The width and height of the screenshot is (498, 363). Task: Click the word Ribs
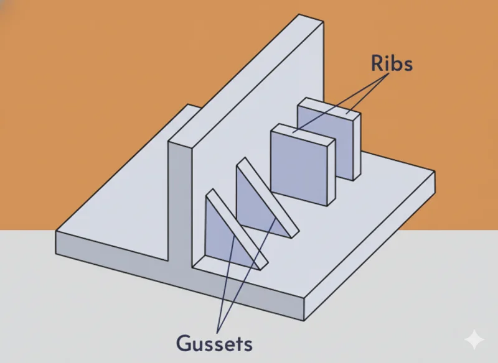tap(392, 63)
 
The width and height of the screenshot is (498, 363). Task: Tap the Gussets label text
tap(215, 342)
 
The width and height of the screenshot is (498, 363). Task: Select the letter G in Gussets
tap(184, 342)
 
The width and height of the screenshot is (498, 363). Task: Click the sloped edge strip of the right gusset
tap(268, 197)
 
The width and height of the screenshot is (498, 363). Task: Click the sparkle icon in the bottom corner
tap(474, 340)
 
